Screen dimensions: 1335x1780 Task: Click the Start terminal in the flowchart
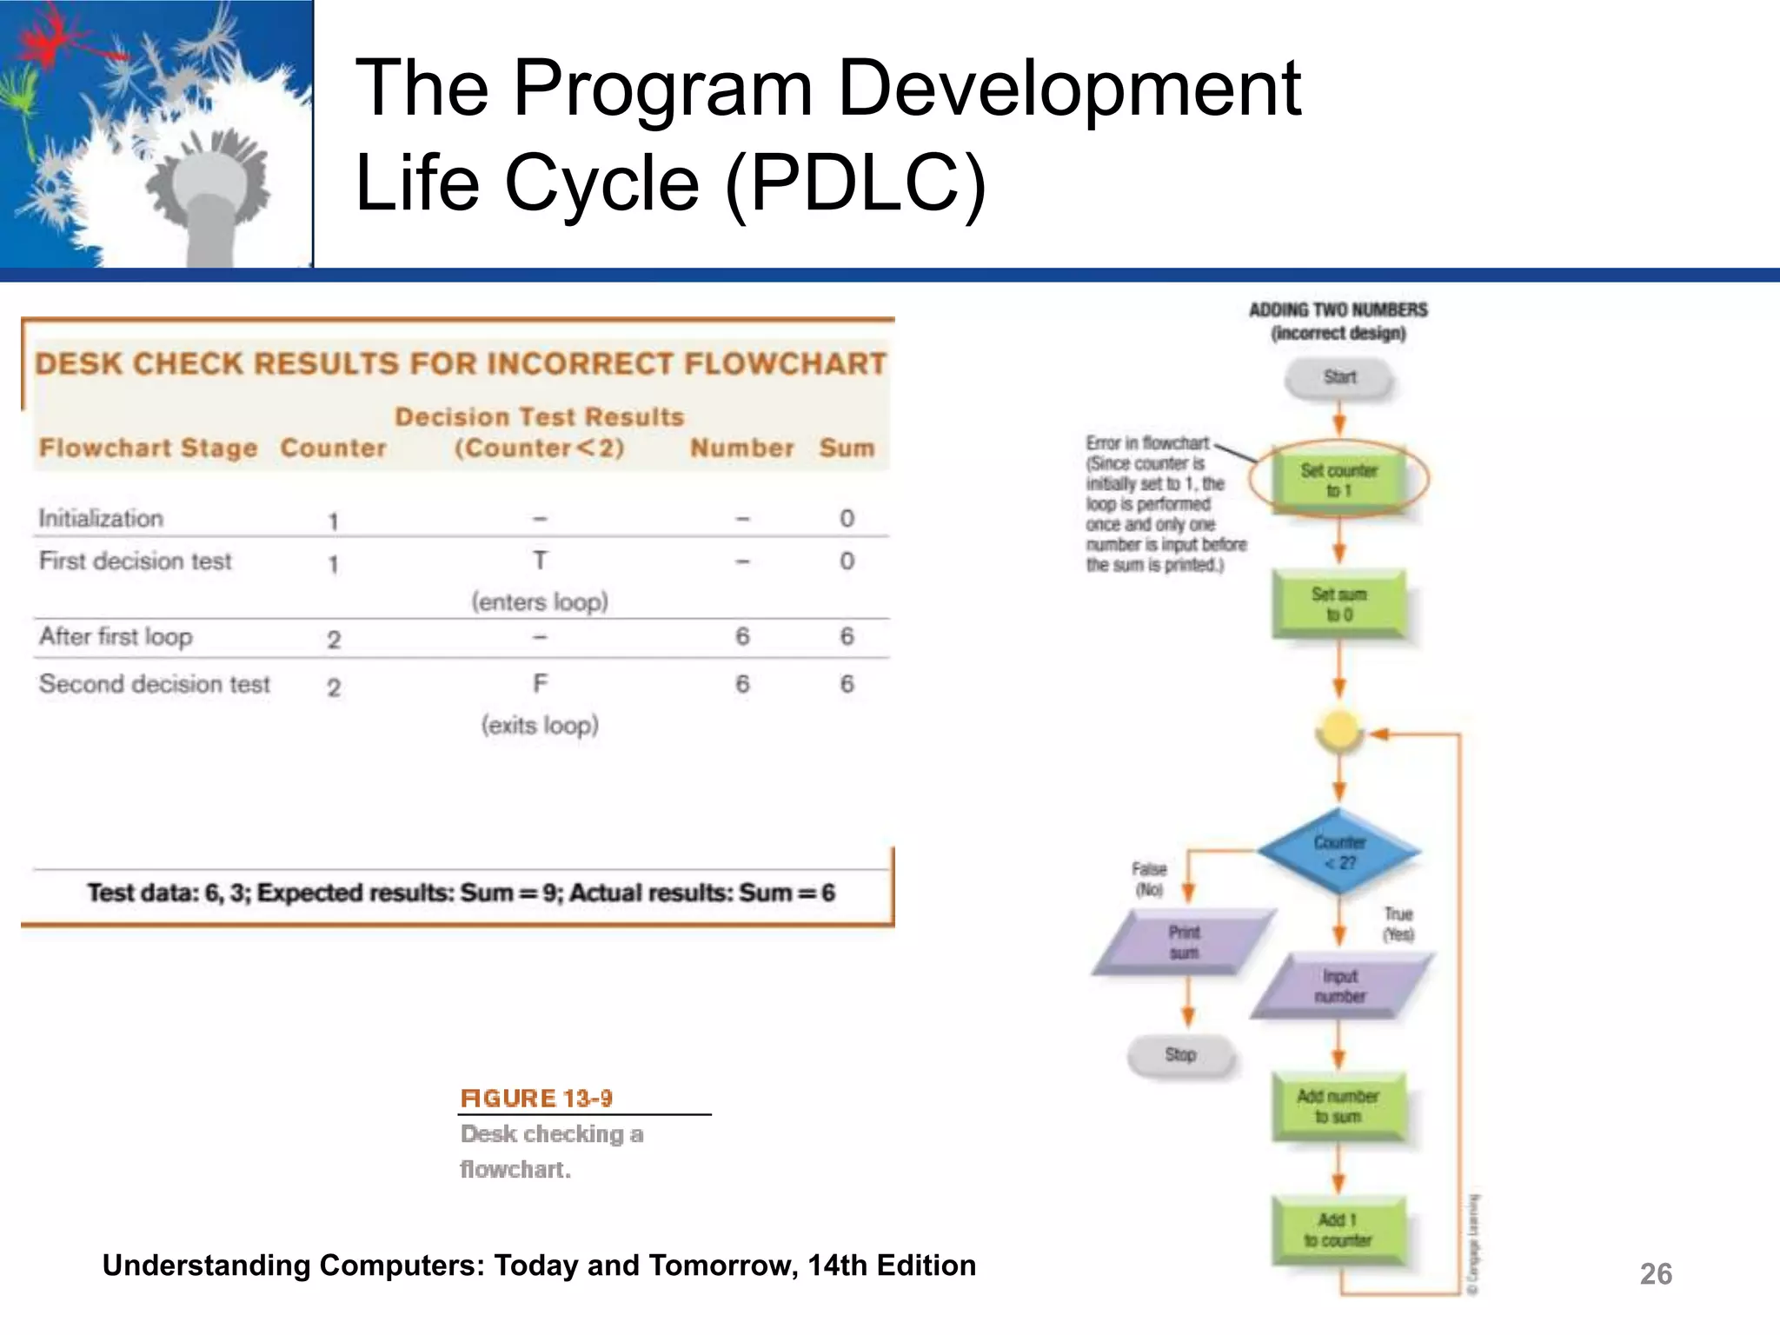[x=1339, y=378]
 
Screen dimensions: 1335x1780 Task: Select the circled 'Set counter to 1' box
[x=1339, y=480]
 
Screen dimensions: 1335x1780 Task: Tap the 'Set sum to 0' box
[x=1339, y=604]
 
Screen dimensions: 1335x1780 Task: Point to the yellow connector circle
[x=1339, y=730]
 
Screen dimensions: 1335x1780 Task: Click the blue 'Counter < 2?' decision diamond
[x=1339, y=853]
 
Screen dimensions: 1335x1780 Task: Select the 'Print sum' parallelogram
[x=1184, y=942]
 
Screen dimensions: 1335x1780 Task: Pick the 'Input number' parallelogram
[x=1340, y=986]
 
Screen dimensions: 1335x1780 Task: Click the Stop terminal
[x=1180, y=1055]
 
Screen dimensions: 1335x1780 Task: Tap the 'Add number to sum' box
[x=1338, y=1106]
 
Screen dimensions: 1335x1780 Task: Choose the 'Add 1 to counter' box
[x=1338, y=1230]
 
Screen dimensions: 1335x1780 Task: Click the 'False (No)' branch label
[x=1149, y=879]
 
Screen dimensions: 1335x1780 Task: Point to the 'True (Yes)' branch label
[x=1398, y=924]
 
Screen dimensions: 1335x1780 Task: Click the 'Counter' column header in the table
[x=333, y=448]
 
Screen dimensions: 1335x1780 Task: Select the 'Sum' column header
[x=847, y=448]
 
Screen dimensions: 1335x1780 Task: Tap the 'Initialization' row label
[x=101, y=518]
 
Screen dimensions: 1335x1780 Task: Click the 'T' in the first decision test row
[x=540, y=561]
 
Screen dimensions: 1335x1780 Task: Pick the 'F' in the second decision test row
[x=540, y=684]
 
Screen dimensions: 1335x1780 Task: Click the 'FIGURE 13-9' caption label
[x=536, y=1099]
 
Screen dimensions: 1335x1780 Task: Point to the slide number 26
[x=1655, y=1274]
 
